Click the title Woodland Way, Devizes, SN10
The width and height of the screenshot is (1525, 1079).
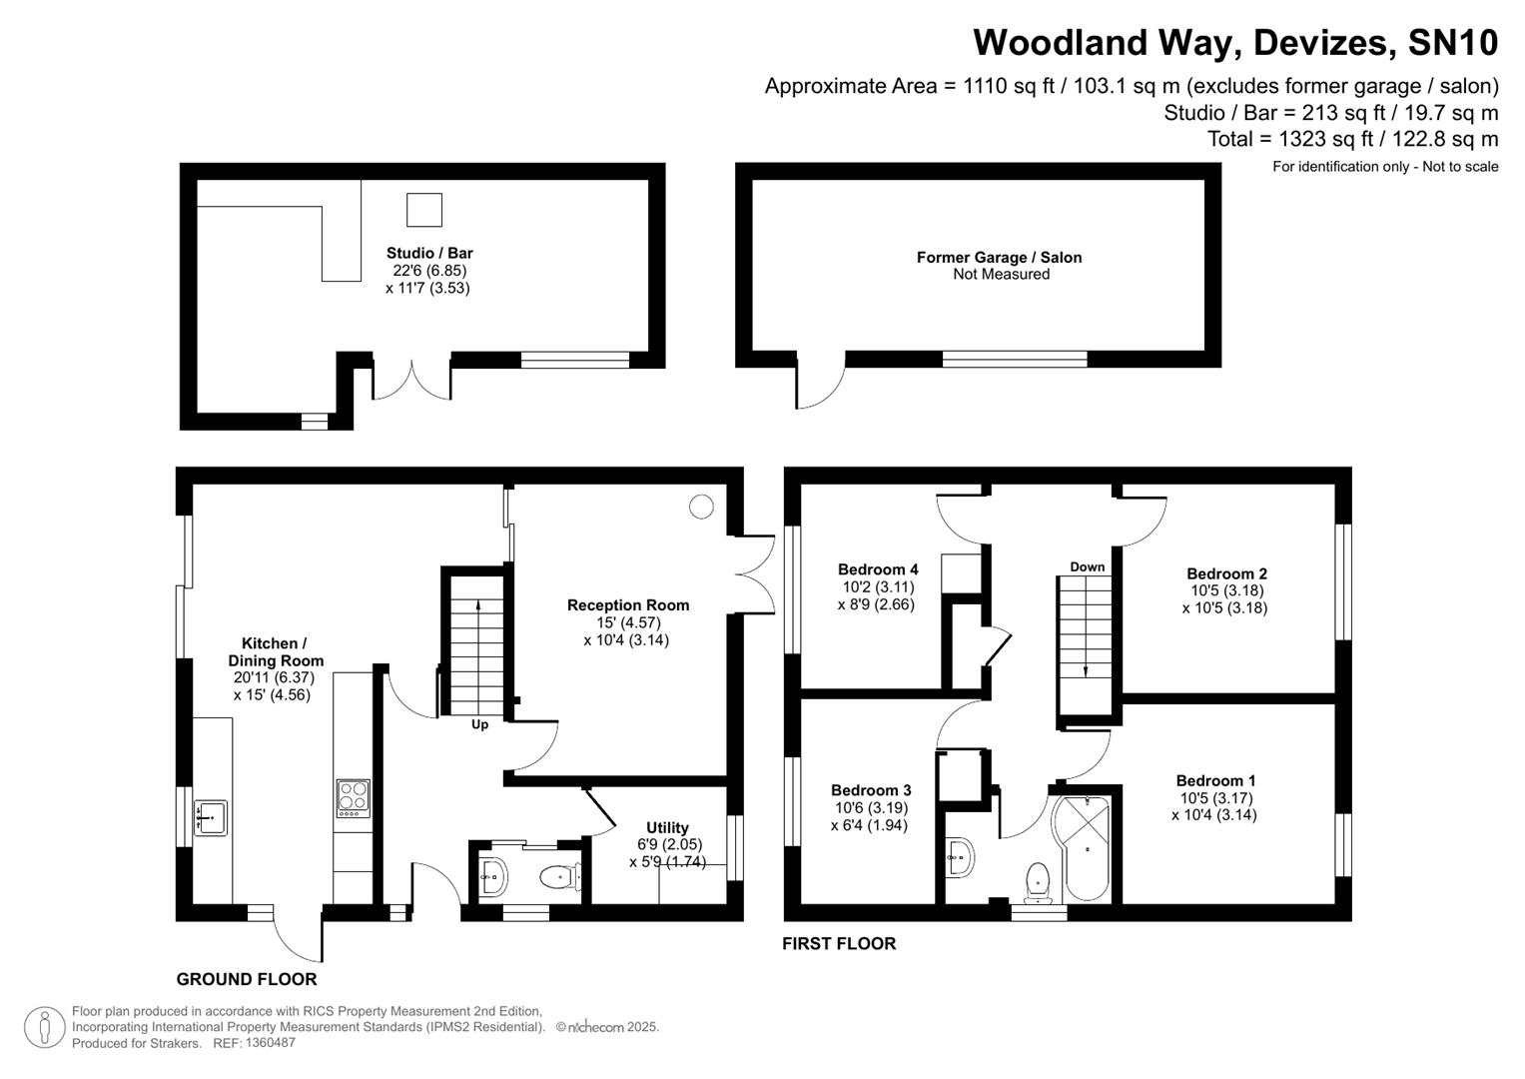[1234, 43]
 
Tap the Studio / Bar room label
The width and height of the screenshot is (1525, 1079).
[429, 253]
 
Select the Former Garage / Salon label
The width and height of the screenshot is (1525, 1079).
[999, 257]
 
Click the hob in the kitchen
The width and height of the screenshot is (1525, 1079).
[353, 798]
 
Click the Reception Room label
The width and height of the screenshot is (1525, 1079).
[627, 604]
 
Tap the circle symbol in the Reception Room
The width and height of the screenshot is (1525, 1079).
[701, 507]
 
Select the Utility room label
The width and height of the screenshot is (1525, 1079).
[667, 827]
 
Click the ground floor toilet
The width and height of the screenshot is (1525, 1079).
[559, 878]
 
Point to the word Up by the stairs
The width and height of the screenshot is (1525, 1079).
[479, 724]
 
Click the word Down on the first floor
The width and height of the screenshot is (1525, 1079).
[1087, 566]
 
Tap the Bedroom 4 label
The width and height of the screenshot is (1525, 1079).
[877, 569]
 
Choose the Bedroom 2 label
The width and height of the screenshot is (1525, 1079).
[1226, 573]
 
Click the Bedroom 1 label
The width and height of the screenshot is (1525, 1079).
[1215, 780]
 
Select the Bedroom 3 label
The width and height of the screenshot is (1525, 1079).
[870, 790]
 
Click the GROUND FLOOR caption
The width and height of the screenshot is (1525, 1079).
[247, 979]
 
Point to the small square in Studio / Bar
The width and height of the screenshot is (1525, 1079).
[423, 210]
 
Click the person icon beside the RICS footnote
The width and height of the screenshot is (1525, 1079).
[44, 1028]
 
